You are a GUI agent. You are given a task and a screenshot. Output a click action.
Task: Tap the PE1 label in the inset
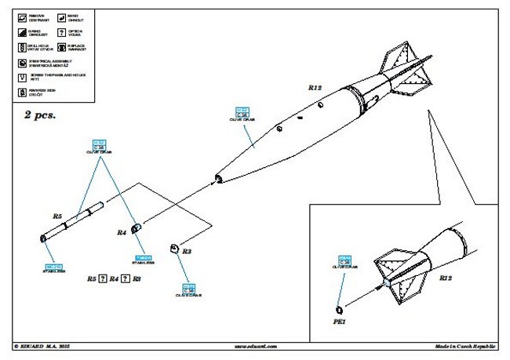(x=340, y=322)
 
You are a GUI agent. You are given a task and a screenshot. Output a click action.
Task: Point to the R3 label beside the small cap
(x=187, y=252)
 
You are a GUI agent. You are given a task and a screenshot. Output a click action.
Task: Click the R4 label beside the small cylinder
(x=122, y=232)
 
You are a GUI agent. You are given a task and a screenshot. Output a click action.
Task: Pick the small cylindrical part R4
(x=136, y=228)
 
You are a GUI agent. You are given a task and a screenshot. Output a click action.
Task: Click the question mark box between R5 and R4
(x=104, y=278)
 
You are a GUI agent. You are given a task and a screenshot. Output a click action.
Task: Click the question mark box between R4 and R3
(x=126, y=278)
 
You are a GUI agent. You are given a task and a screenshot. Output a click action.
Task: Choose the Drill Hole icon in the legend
(x=21, y=47)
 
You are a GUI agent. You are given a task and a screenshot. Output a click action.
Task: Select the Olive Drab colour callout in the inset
(x=348, y=261)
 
